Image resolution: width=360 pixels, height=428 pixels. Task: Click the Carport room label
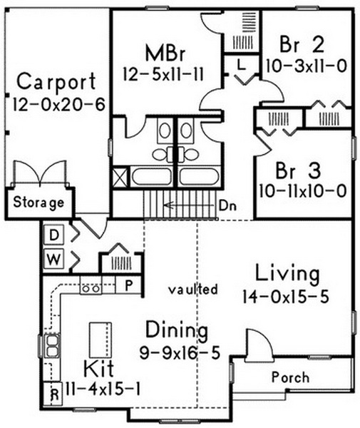point(57,81)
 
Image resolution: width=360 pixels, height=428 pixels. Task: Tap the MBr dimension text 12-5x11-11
point(163,74)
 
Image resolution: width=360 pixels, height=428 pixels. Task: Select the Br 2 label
point(302,45)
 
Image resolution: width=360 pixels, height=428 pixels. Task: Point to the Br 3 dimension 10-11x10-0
point(303,190)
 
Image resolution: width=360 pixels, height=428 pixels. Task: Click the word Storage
point(38,203)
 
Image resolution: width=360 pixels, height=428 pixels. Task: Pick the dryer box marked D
point(54,235)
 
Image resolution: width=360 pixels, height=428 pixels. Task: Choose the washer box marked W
point(54,259)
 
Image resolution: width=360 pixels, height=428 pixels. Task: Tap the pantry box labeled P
point(128,285)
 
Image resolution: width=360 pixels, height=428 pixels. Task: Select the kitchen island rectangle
point(101,340)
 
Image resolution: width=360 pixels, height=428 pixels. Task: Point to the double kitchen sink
point(52,346)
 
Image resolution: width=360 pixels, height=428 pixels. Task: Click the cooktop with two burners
point(91,288)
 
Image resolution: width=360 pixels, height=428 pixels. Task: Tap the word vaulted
point(193,289)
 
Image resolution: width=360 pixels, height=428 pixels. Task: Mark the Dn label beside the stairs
point(227,206)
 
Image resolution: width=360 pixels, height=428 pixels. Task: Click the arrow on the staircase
point(189,205)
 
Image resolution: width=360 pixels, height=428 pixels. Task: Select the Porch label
point(291,377)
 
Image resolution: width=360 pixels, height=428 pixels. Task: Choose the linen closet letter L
point(242,65)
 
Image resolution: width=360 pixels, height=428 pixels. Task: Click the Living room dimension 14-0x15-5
point(286,297)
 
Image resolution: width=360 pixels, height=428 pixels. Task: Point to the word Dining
point(177,331)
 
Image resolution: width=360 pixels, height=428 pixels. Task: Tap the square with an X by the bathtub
point(120,177)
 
